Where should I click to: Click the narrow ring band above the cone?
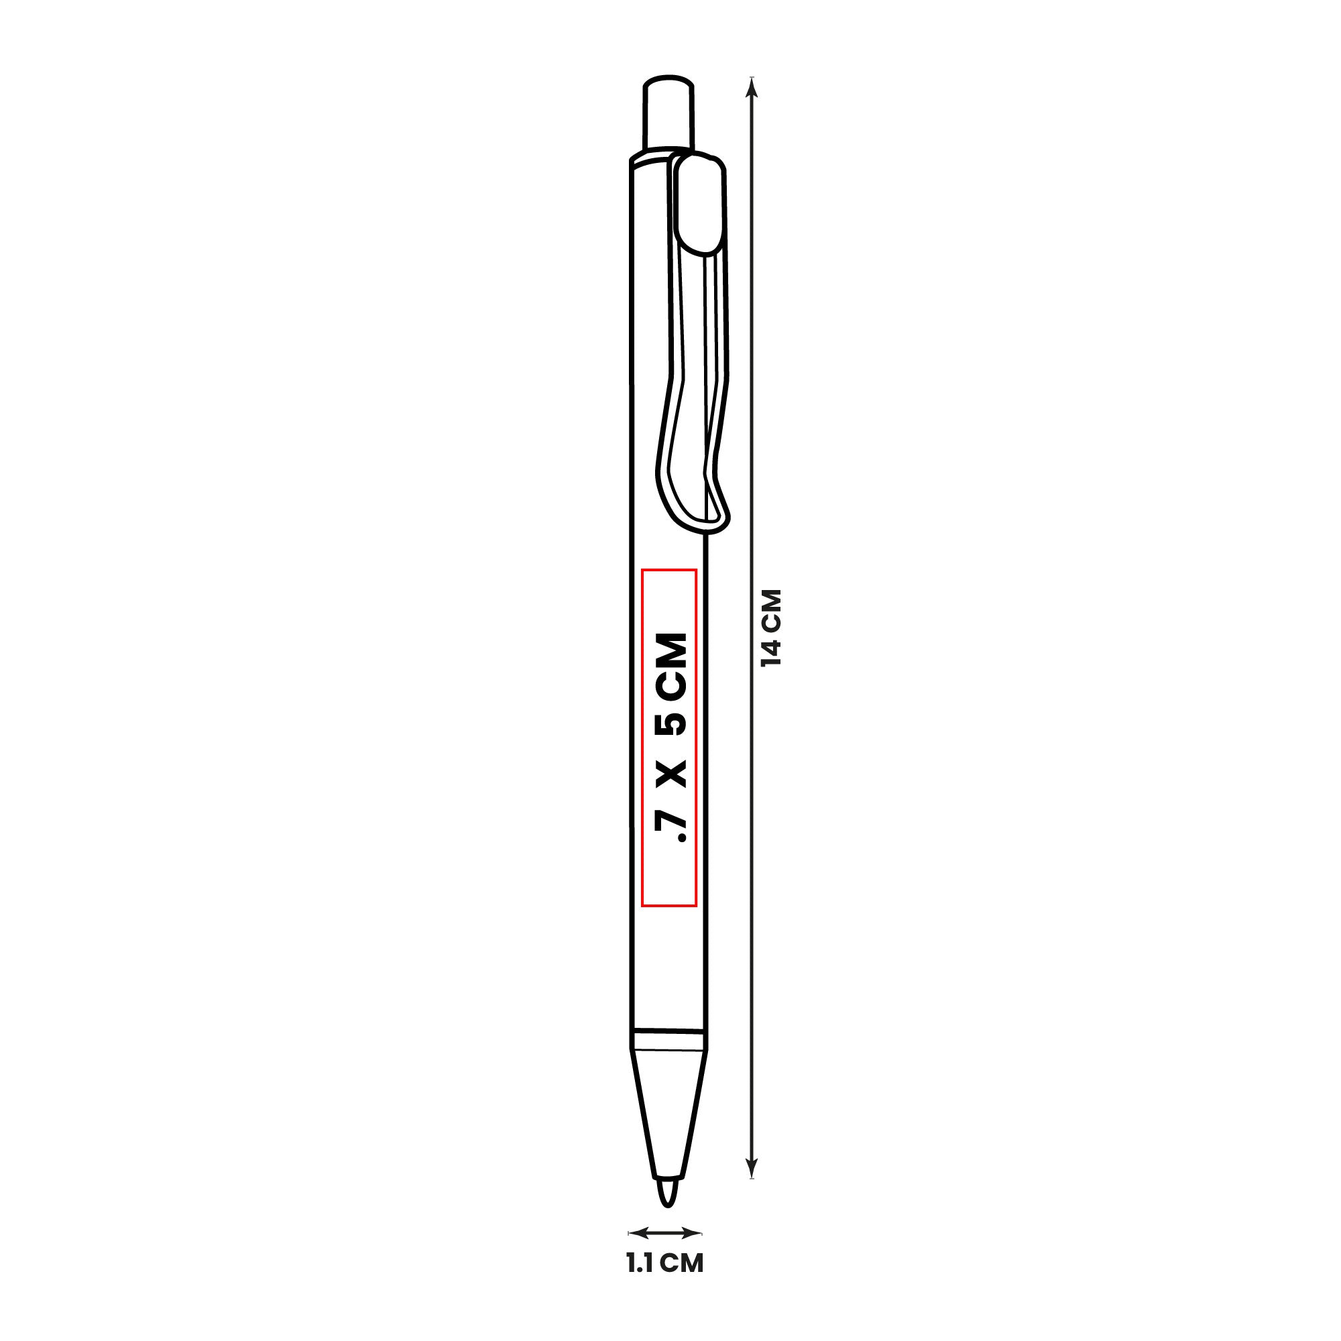coord(668,1039)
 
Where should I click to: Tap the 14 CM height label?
coord(771,628)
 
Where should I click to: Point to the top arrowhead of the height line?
coord(752,86)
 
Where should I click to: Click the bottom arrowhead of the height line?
coord(752,1169)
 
